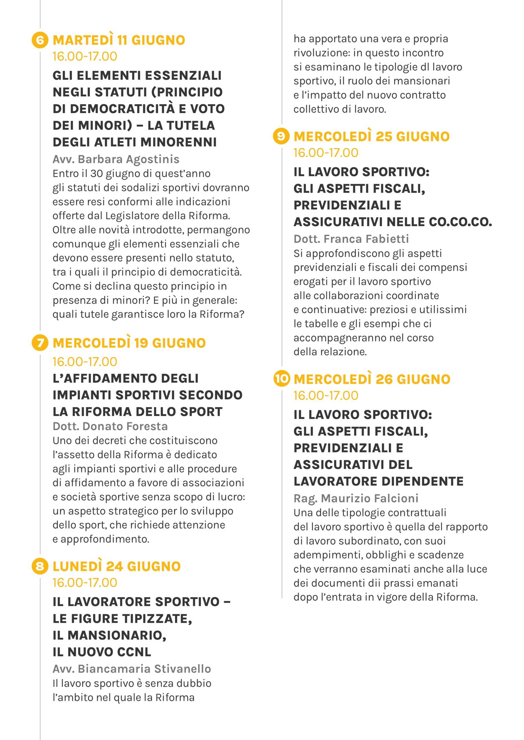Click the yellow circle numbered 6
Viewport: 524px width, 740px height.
pyautogui.click(x=40, y=40)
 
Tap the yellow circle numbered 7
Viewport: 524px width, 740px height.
pyautogui.click(x=40, y=342)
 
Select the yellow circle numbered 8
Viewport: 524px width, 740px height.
pyautogui.click(x=40, y=566)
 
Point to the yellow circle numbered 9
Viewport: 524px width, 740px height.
pyautogui.click(x=281, y=136)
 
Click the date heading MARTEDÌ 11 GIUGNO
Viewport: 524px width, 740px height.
pyautogui.click(x=119, y=40)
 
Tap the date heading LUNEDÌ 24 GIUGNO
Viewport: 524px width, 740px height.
pyautogui.click(x=117, y=566)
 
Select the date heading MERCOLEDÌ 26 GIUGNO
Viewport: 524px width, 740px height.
pyautogui.click(x=372, y=379)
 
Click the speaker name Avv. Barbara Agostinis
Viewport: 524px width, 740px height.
pyautogui.click(x=116, y=159)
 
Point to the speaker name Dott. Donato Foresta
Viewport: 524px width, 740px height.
pyautogui.click(x=110, y=426)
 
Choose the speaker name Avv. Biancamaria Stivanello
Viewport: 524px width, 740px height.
pyautogui.click(x=132, y=669)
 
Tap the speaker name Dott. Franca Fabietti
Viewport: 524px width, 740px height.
pyautogui.click(x=351, y=239)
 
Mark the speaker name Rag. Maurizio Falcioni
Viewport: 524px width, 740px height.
pyautogui.click(x=356, y=498)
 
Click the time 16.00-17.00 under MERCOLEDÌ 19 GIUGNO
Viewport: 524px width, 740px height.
pyautogui.click(x=85, y=362)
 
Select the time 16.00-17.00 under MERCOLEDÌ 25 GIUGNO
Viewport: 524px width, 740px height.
pyautogui.click(x=326, y=153)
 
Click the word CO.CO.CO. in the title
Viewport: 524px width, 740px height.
pyautogui.click(x=460, y=222)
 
